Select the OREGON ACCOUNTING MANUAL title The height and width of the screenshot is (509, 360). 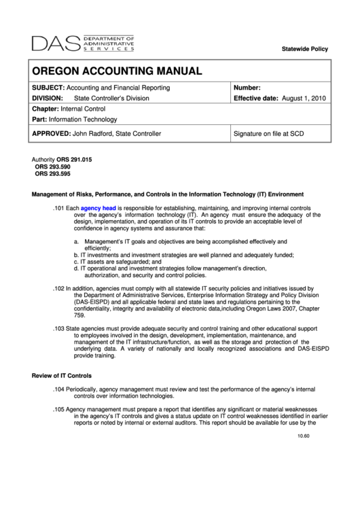[118, 71]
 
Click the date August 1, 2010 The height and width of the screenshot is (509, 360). [304, 99]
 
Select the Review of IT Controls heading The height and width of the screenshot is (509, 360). [62, 375]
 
